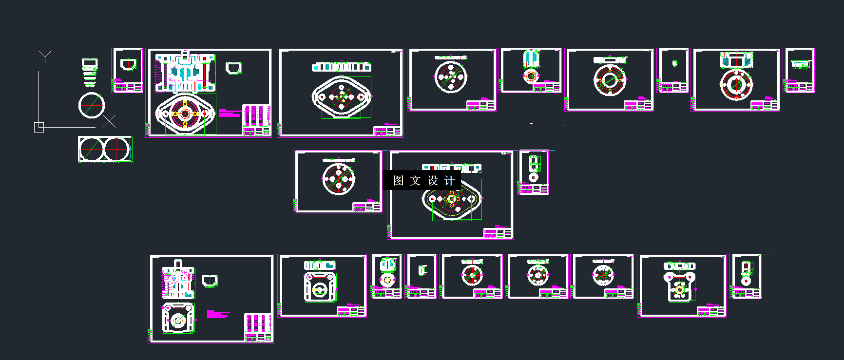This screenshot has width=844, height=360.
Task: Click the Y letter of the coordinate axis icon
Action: [45, 57]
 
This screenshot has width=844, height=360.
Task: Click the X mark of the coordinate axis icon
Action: [109, 121]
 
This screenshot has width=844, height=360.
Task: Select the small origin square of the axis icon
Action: [39, 127]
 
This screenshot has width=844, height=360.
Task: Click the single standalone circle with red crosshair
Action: [92, 105]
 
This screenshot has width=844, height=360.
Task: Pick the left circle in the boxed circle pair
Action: [92, 149]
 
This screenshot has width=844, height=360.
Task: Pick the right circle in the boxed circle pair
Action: [117, 149]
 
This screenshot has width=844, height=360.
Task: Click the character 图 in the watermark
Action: [399, 181]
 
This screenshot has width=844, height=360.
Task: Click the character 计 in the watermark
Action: [449, 181]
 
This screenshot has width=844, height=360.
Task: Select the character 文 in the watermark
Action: [415, 181]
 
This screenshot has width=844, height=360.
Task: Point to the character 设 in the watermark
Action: [433, 181]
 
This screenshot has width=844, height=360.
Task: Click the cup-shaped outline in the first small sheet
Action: [128, 64]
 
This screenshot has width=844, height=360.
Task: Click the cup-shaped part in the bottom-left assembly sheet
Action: [210, 281]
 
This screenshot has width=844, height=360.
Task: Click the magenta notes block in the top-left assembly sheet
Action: [229, 113]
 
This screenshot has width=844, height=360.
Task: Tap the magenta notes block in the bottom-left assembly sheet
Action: [217, 314]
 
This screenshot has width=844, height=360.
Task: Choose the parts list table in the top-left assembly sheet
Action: [256, 120]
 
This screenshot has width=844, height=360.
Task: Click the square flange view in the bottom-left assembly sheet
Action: [178, 318]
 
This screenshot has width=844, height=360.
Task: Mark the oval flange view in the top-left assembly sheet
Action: [185, 114]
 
